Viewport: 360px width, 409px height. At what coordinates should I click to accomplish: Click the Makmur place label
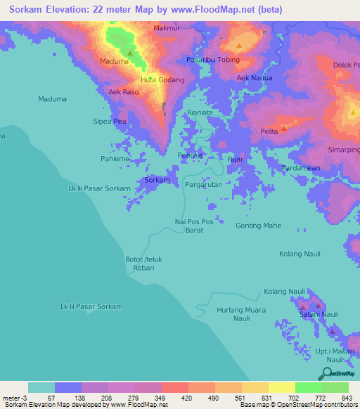pyautogui.click(x=167, y=29)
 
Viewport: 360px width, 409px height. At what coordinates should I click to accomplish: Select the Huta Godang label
pyautogui.click(x=162, y=80)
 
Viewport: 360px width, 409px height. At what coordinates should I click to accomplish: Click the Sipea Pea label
pyautogui.click(x=110, y=122)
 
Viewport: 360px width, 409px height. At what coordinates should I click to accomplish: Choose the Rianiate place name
pyautogui.click(x=200, y=112)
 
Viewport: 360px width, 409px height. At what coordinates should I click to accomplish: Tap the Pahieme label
pyautogui.click(x=115, y=160)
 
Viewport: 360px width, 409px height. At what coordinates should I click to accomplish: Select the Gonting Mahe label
pyautogui.click(x=258, y=226)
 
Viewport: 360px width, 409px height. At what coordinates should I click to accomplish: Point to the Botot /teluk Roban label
pyautogui.click(x=143, y=263)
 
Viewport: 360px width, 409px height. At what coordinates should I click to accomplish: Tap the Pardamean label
pyautogui.click(x=301, y=169)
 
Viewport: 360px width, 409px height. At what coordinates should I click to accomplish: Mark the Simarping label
pyautogui.click(x=345, y=150)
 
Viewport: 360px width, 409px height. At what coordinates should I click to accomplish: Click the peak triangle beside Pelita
pyautogui.click(x=284, y=129)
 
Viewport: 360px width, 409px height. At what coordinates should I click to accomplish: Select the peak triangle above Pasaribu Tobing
pyautogui.click(x=238, y=46)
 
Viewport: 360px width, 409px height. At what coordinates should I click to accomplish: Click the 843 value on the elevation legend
pyautogui.click(x=348, y=398)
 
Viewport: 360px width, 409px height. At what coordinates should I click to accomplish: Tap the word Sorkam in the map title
pyautogui.click(x=26, y=10)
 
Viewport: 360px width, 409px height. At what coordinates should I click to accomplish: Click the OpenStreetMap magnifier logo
pyautogui.click(x=327, y=373)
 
